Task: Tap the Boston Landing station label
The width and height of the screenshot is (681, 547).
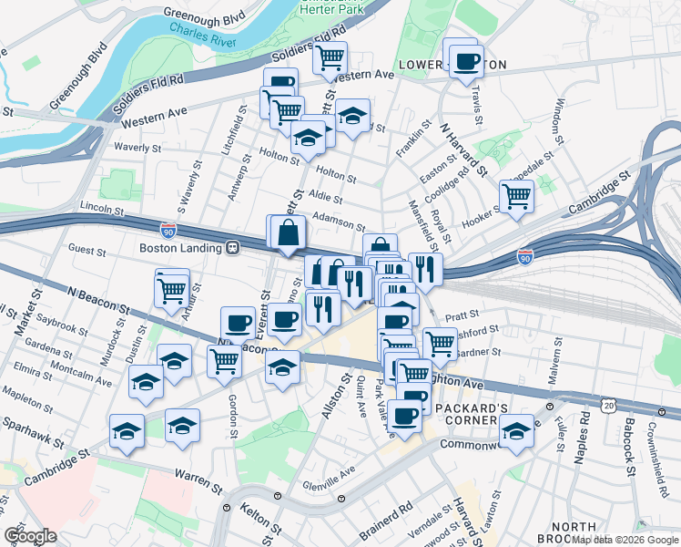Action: pyautogui.click(x=181, y=248)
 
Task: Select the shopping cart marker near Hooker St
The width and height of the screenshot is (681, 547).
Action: pyautogui.click(x=516, y=195)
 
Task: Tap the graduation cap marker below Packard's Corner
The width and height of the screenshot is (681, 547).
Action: pyautogui.click(x=517, y=431)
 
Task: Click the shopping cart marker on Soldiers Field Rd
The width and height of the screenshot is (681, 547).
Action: pyautogui.click(x=330, y=57)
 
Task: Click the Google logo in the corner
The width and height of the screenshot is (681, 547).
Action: pyautogui.click(x=30, y=536)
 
